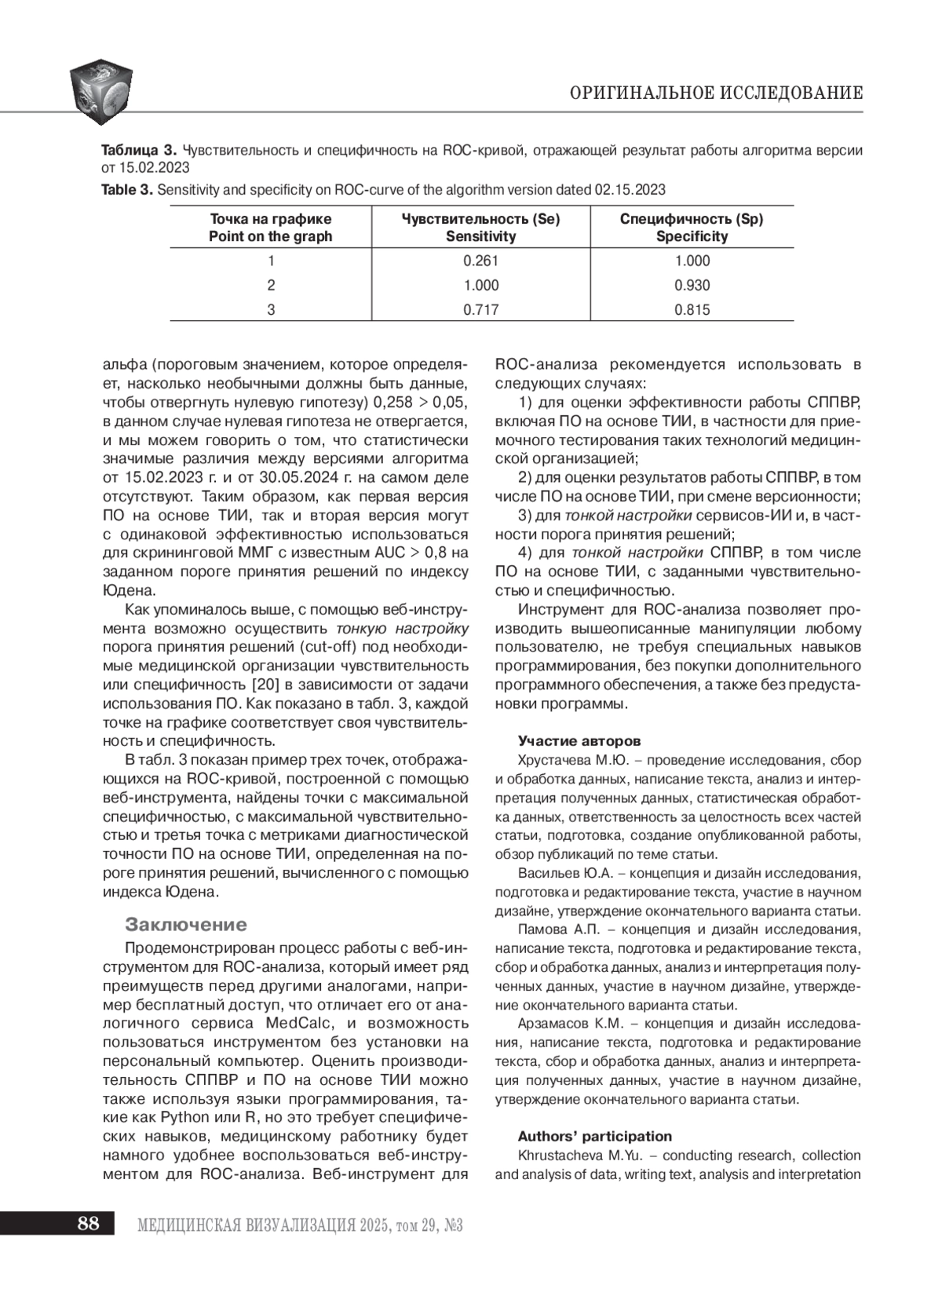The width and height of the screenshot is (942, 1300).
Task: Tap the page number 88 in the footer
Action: [88, 1223]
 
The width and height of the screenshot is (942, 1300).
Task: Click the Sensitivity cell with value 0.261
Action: [480, 261]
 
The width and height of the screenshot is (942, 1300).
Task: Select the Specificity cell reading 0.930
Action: [692, 285]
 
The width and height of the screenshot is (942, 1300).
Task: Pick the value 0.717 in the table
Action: [480, 309]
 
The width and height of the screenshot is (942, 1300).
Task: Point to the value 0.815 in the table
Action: [692, 309]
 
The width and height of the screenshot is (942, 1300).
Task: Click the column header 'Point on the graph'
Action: [270, 236]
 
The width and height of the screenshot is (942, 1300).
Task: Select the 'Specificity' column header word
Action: [692, 236]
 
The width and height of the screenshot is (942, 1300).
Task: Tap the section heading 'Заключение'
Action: [186, 924]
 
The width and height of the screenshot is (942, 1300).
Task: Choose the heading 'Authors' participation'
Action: [594, 1136]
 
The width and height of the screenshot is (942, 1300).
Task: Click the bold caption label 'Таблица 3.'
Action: [139, 150]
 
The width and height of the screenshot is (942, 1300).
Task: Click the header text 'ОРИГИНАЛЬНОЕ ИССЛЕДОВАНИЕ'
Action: [716, 93]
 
